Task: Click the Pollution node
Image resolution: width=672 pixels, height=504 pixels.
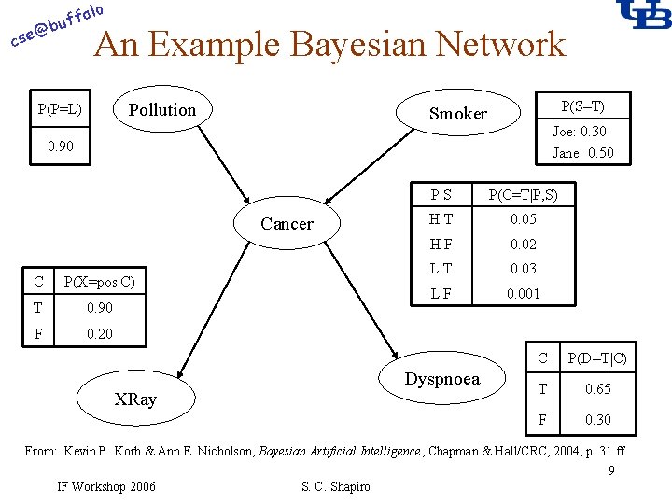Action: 162,110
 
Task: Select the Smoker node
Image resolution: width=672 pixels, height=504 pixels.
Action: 457,114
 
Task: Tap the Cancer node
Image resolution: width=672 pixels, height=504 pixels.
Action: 287,224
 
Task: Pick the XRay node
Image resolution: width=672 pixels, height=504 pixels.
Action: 136,399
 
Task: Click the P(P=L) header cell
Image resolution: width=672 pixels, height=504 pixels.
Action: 60,110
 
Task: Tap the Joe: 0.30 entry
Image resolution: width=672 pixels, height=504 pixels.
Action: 579,132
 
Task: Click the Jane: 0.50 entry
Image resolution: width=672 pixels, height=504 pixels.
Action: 582,153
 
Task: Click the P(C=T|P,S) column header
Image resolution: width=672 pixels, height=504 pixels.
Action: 528,194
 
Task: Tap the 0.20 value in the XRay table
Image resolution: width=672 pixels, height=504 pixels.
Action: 98,333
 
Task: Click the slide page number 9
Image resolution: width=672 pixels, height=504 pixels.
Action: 610,469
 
